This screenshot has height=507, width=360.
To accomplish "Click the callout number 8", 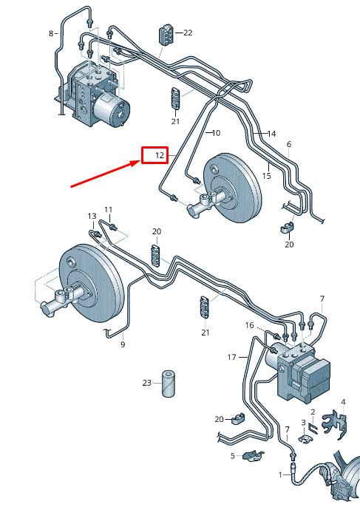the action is (x=51, y=33).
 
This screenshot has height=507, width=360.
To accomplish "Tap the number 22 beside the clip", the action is (x=188, y=33).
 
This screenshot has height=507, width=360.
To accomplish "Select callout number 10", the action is (x=216, y=132).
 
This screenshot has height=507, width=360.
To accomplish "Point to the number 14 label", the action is (x=272, y=134).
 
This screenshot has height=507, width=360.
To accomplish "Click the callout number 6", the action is (x=289, y=144).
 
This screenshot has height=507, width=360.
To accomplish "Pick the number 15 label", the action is (x=267, y=176).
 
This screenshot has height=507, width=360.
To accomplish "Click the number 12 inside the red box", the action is (x=160, y=155).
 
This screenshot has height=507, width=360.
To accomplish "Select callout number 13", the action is (x=92, y=216).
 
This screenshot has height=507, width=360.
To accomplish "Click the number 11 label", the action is (x=109, y=210).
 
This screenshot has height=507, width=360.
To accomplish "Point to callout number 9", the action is (x=123, y=344).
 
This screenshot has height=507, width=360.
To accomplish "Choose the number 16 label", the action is (x=250, y=325).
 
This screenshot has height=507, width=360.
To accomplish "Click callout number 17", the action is (x=232, y=357).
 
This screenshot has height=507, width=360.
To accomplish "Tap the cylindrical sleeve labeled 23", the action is (x=169, y=384).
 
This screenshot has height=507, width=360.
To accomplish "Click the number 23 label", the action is (x=147, y=383).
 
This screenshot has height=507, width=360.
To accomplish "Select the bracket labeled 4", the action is (x=334, y=424).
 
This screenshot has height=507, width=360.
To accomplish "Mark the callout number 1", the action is (x=280, y=475).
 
